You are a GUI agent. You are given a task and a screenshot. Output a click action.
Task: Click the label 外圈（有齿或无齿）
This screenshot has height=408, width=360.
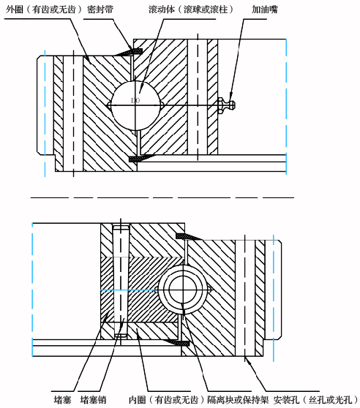(x=44, y=10)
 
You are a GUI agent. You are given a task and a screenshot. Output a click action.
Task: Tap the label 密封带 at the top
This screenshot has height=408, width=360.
(x=100, y=10)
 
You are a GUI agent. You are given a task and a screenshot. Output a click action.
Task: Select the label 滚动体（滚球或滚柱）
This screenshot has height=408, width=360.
(x=191, y=10)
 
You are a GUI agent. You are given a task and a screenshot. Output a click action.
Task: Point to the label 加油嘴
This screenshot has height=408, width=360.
(x=264, y=10)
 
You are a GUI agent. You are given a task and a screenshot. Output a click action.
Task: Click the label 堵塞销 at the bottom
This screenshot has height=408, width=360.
(x=93, y=399)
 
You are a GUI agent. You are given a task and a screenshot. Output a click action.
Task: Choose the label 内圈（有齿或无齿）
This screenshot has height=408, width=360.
(x=167, y=399)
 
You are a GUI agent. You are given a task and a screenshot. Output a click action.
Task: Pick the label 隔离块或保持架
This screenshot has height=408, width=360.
(x=238, y=399)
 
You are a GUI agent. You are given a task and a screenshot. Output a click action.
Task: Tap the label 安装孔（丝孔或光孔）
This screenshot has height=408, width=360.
(x=316, y=399)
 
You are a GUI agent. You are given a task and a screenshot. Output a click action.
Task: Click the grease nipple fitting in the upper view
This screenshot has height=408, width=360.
(x=226, y=105)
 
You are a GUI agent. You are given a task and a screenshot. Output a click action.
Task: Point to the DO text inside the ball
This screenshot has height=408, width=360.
(x=135, y=100)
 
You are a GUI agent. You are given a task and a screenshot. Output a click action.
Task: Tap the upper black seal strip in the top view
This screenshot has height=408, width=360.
(x=129, y=51)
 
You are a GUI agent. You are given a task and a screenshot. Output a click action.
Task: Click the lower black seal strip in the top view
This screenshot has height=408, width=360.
(x=142, y=158)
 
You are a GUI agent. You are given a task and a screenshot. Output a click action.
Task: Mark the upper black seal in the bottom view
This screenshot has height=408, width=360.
(x=189, y=236)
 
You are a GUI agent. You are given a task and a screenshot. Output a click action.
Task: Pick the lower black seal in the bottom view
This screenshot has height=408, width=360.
(x=177, y=342)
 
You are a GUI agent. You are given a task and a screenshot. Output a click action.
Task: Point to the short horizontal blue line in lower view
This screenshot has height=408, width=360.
(x=128, y=290)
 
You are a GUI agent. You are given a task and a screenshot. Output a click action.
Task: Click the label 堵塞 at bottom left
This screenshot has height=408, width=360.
(x=62, y=399)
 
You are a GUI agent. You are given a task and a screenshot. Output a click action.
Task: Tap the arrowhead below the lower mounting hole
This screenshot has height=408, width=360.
(x=247, y=360)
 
